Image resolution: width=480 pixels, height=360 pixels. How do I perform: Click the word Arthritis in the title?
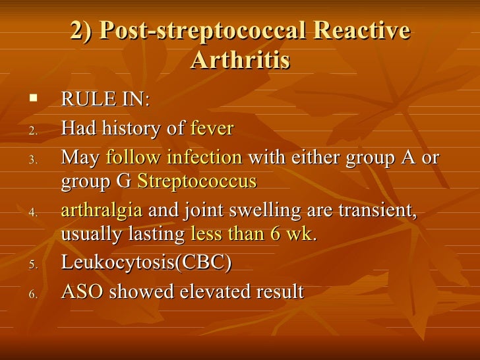[x=240, y=60]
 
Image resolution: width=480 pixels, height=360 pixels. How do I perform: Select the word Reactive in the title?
[x=361, y=32]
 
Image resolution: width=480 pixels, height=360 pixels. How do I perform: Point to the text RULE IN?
[x=105, y=100]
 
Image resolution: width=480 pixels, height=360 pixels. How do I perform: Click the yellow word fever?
[x=212, y=129]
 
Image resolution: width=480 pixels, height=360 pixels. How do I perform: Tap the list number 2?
[x=34, y=131]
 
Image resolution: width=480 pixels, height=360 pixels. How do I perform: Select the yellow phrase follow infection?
[x=174, y=158]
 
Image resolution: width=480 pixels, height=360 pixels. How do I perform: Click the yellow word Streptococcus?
[x=196, y=181]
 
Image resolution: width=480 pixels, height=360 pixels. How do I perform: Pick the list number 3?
[x=34, y=160]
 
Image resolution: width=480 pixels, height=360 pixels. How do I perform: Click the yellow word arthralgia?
[x=101, y=210]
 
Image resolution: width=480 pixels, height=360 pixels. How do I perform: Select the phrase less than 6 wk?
[x=251, y=233]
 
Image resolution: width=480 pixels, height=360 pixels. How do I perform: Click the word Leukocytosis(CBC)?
[x=146, y=262]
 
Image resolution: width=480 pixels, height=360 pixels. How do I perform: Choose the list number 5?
[x=34, y=264]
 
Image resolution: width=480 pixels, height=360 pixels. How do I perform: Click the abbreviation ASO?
[x=82, y=291]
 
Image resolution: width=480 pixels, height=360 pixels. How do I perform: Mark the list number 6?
[x=34, y=293]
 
